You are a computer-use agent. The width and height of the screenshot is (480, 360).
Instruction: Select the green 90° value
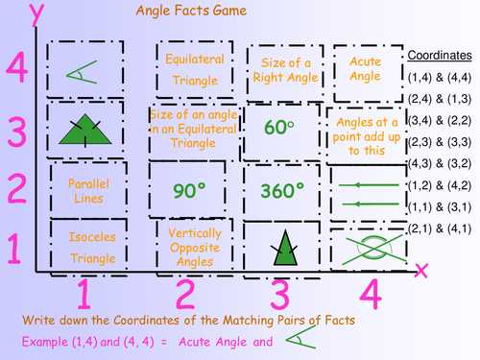coord(190,190)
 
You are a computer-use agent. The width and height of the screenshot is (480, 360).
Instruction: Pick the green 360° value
coord(282,190)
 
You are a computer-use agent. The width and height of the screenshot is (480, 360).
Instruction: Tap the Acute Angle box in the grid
coord(367,67)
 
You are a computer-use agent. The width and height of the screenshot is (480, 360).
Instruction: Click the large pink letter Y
coord(16,17)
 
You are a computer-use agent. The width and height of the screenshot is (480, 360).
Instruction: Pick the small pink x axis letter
coord(420,270)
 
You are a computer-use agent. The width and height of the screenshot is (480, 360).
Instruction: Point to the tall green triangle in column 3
coord(283,246)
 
